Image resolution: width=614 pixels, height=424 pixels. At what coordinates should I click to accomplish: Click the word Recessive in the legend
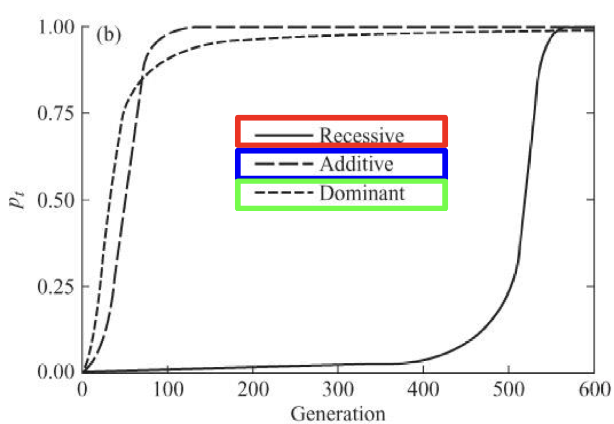362,135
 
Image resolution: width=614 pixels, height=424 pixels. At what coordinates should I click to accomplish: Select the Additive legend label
357,164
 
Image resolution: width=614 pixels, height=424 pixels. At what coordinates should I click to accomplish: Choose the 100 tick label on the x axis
168,389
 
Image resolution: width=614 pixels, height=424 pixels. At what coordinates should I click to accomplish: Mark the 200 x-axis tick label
253,389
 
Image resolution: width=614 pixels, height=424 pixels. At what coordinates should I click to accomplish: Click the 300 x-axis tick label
338,389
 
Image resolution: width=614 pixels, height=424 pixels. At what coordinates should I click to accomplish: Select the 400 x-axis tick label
423,389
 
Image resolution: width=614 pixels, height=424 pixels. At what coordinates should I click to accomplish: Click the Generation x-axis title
338,412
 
